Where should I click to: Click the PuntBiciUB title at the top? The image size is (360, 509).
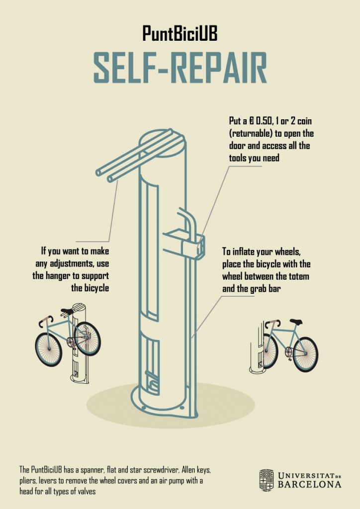pyautogui.click(x=180, y=34)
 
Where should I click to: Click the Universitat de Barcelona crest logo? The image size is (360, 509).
pyautogui.click(x=266, y=480)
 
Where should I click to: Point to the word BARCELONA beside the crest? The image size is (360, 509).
pyautogui.click(x=309, y=485)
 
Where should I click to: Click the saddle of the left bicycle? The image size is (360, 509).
pyautogui.click(x=67, y=312)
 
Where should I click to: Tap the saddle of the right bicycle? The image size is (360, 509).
pyautogui.click(x=296, y=322)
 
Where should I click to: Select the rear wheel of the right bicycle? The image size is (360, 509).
pyautogui.click(x=305, y=354)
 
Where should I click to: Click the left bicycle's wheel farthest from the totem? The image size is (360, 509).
pyautogui.click(x=48, y=349)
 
